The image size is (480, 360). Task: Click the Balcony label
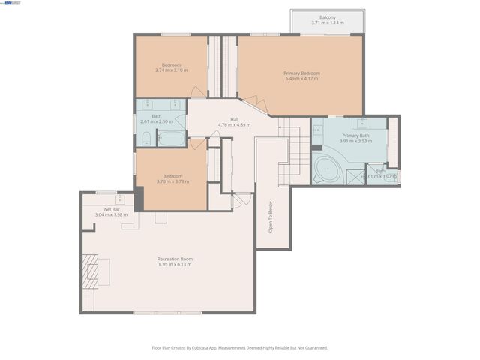tap(327, 17)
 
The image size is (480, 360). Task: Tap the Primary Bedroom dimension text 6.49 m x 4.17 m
tap(301, 79)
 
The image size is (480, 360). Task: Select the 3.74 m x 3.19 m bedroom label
tap(171, 70)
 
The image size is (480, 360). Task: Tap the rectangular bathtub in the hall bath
tap(172, 139)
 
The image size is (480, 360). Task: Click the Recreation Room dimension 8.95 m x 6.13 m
tap(175, 264)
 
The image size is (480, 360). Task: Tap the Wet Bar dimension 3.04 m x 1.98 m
tap(111, 215)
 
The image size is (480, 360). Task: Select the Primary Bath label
tap(355, 136)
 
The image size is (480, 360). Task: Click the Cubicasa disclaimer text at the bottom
tap(240, 347)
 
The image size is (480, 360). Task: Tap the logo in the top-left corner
tap(12, 3)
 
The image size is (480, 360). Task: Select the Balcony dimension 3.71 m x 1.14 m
tap(327, 23)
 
